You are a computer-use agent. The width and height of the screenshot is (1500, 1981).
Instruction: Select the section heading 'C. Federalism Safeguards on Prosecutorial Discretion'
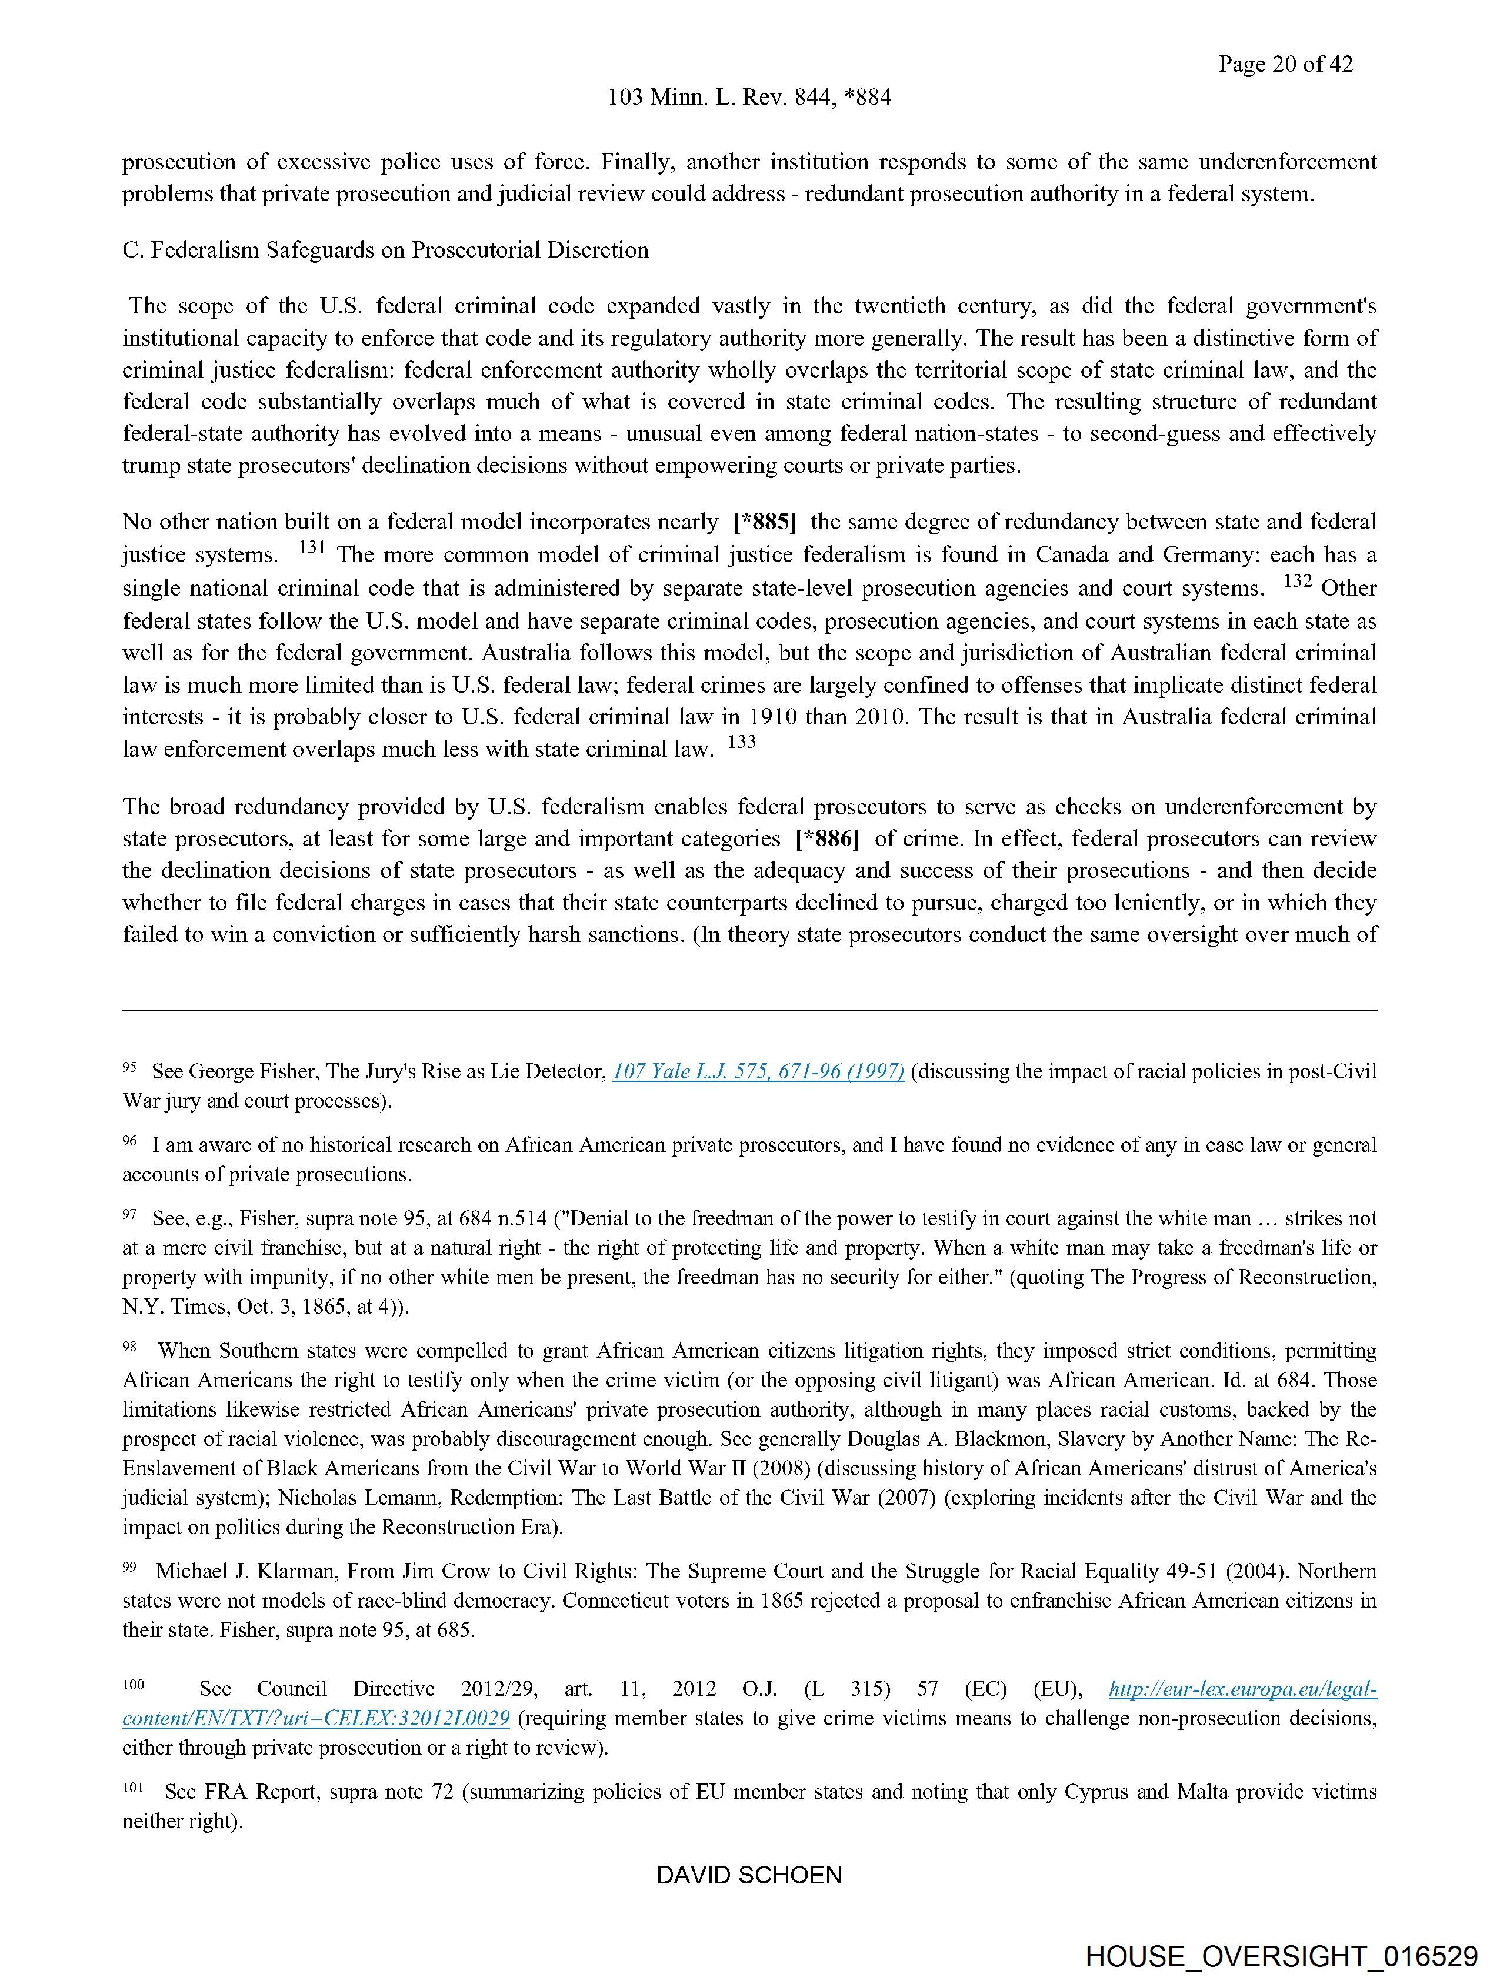tap(385, 250)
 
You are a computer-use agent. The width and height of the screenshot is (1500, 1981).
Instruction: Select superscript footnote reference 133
tap(742, 743)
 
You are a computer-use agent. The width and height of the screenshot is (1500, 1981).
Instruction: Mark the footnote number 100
tap(134, 1685)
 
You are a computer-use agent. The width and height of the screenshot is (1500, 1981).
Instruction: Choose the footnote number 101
tap(132, 1788)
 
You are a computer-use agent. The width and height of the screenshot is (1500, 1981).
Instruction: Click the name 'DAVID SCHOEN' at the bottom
tap(749, 1875)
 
